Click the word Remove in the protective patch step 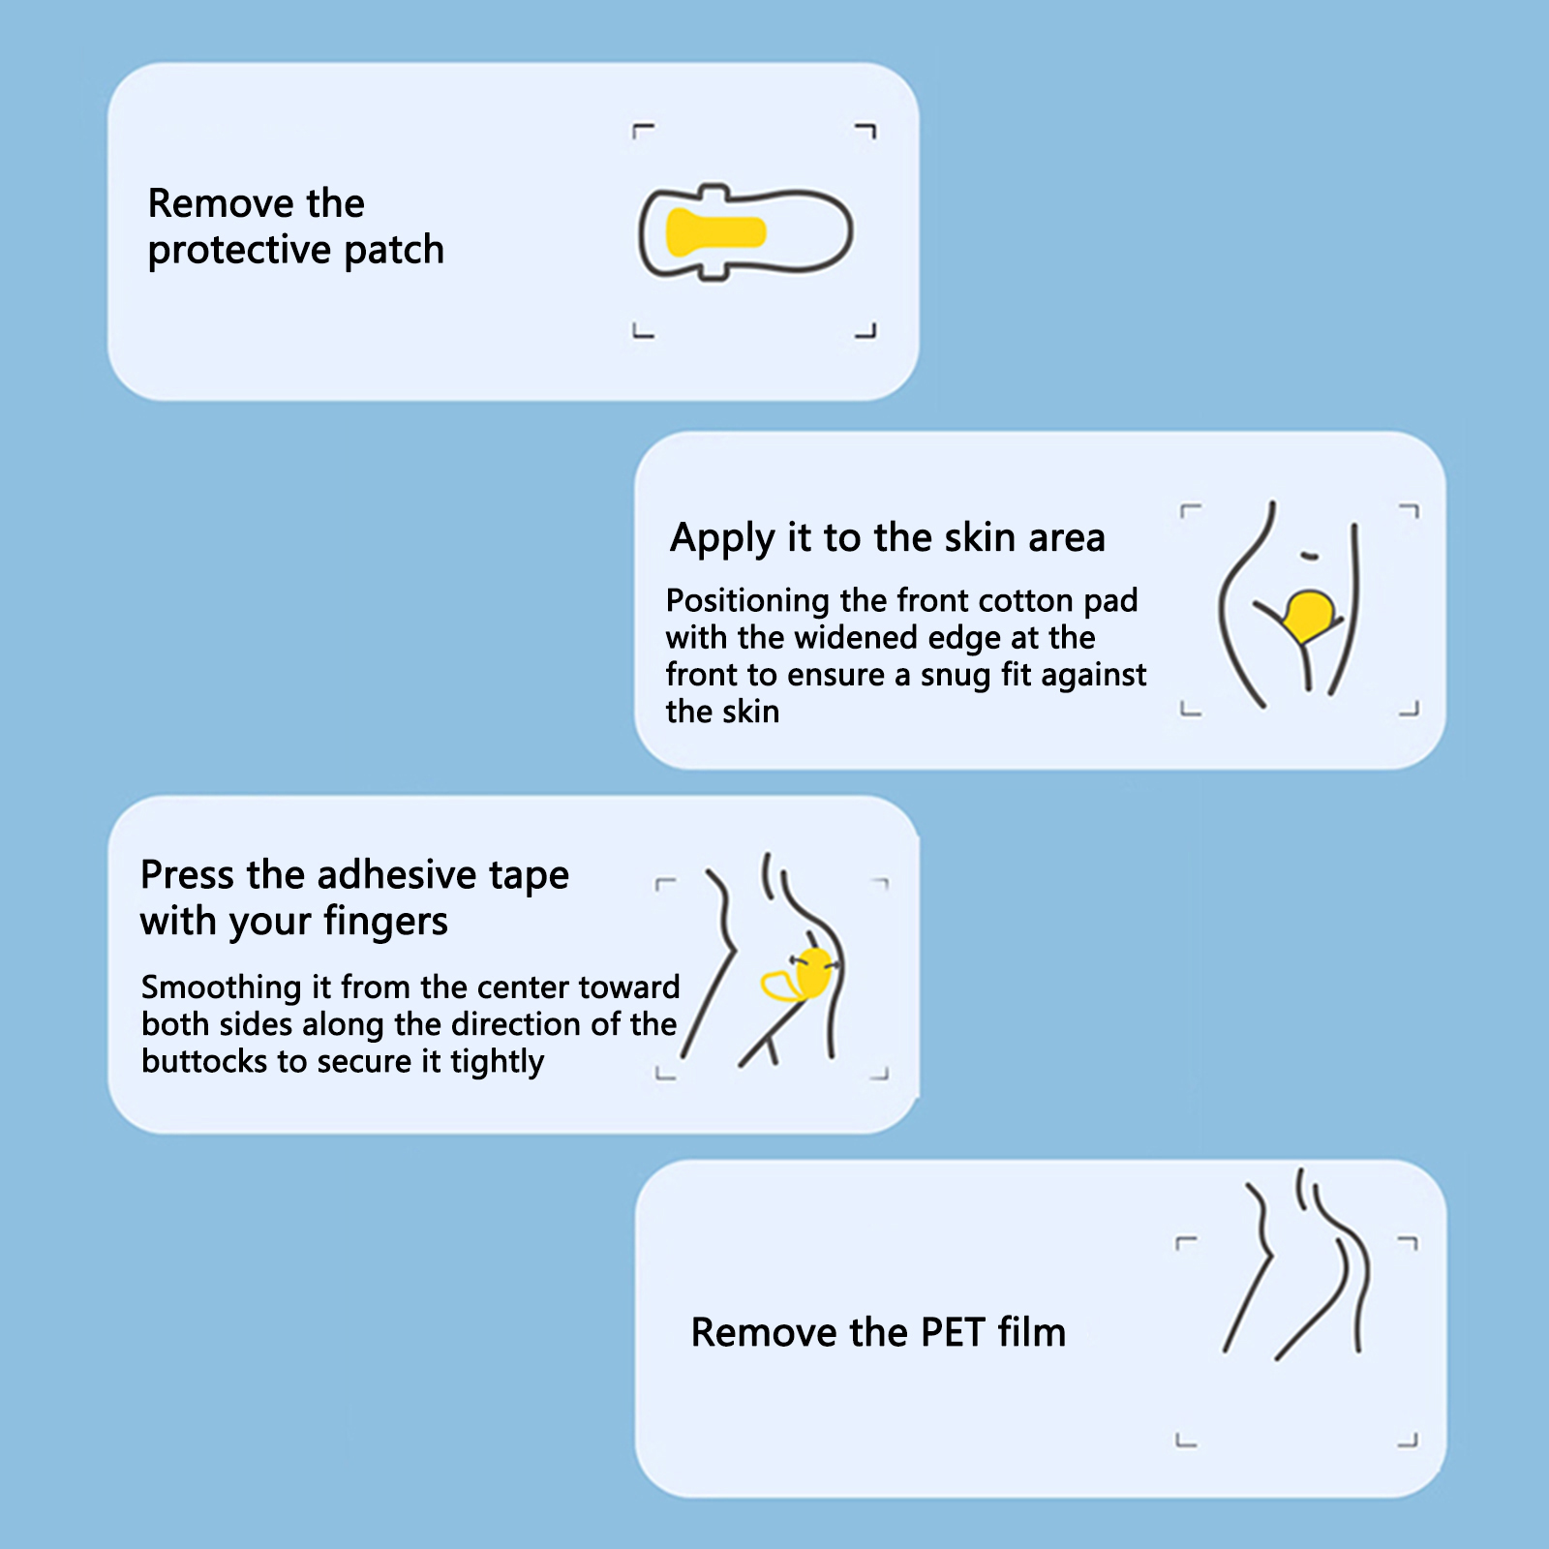(x=222, y=203)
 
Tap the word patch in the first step (x=394, y=250)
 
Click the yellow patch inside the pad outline (x=715, y=232)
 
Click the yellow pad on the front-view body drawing (x=1309, y=615)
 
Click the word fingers (x=385, y=923)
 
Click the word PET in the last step (x=953, y=1333)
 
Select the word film (x=1032, y=1332)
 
